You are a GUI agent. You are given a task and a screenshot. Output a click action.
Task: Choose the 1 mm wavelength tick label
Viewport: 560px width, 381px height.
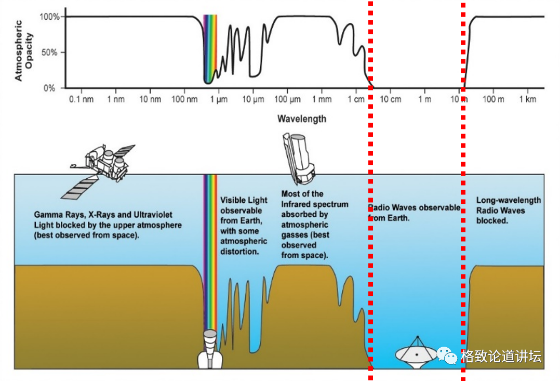pyautogui.click(x=322, y=99)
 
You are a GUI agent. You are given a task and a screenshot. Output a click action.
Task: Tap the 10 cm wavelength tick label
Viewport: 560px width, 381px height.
pyautogui.click(x=391, y=99)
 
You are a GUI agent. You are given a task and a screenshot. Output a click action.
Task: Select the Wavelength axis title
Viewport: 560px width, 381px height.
pyautogui.click(x=302, y=119)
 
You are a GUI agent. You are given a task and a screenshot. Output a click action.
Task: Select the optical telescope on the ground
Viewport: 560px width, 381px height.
pyautogui.click(x=210, y=349)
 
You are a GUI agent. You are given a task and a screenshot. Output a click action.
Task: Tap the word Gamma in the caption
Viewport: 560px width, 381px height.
pyautogui.click(x=48, y=214)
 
